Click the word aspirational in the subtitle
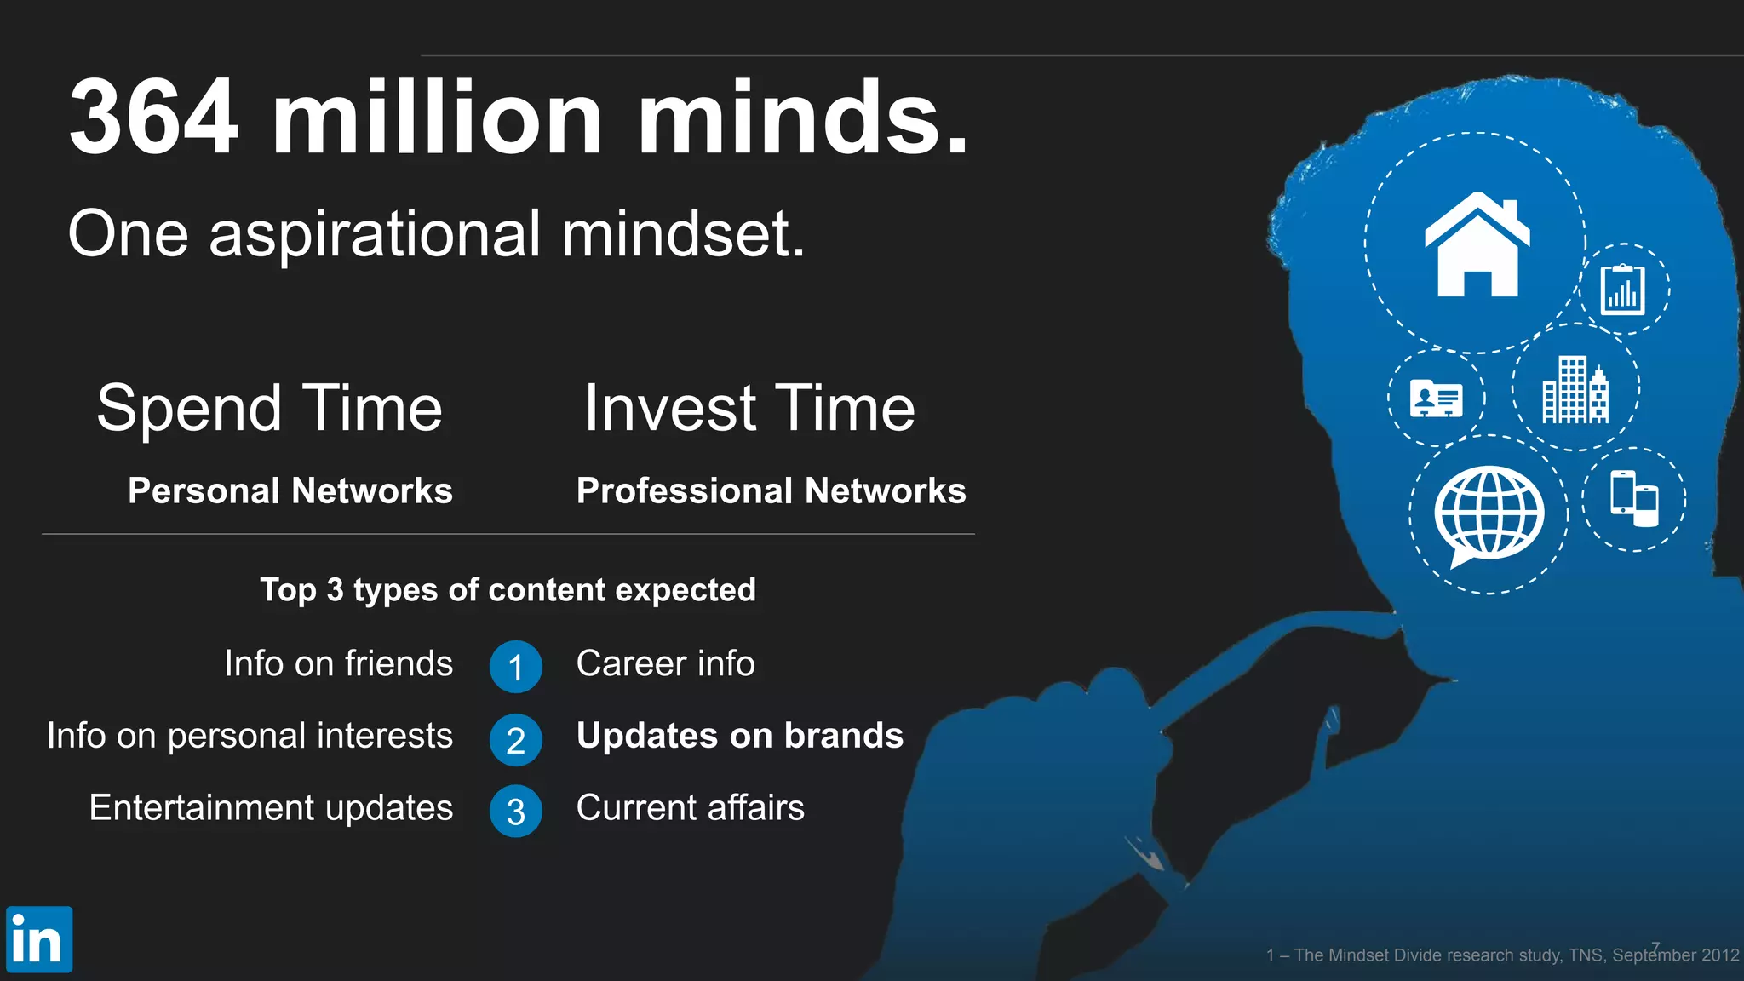pyautogui.click(x=374, y=234)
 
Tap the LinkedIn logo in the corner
pyautogui.click(x=38, y=939)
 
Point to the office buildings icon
pyautogui.click(x=1575, y=390)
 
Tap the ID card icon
pyautogui.click(x=1436, y=399)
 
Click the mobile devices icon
pyautogui.click(x=1634, y=498)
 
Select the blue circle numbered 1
pyautogui.click(x=515, y=667)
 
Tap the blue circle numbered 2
pyautogui.click(x=515, y=740)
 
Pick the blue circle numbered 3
pyautogui.click(x=515, y=812)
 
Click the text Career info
pyautogui.click(x=665, y=663)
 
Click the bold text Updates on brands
pyautogui.click(x=739, y=736)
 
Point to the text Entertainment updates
pyautogui.click(x=271, y=808)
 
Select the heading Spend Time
pyautogui.click(x=269, y=408)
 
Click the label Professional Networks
pyautogui.click(x=771, y=491)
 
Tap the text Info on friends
pyautogui.click(x=338, y=663)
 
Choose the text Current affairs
pyautogui.click(x=690, y=808)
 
